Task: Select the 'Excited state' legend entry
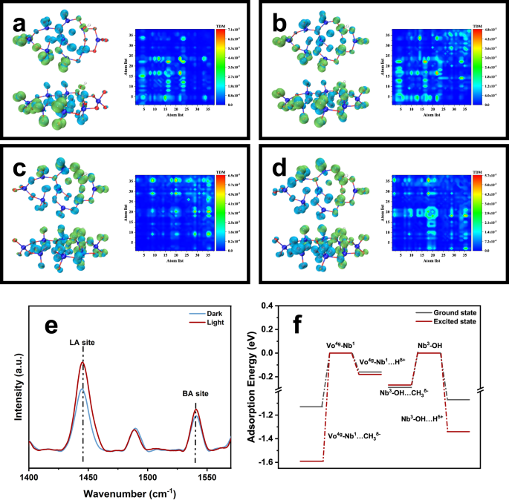coord(456,323)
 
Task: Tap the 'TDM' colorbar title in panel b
coord(476,27)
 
